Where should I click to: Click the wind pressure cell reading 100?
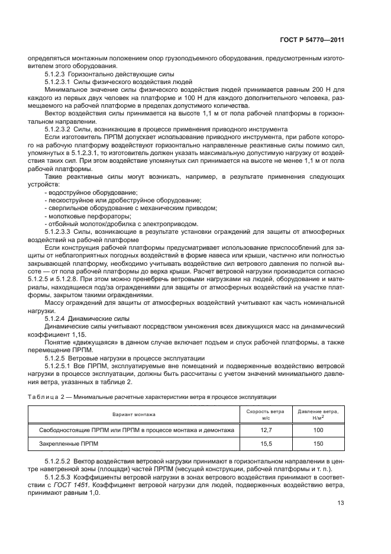[318, 430]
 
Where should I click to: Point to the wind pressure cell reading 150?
[318, 443]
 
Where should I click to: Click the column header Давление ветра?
[318, 411]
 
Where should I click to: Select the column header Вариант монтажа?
[131, 414]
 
